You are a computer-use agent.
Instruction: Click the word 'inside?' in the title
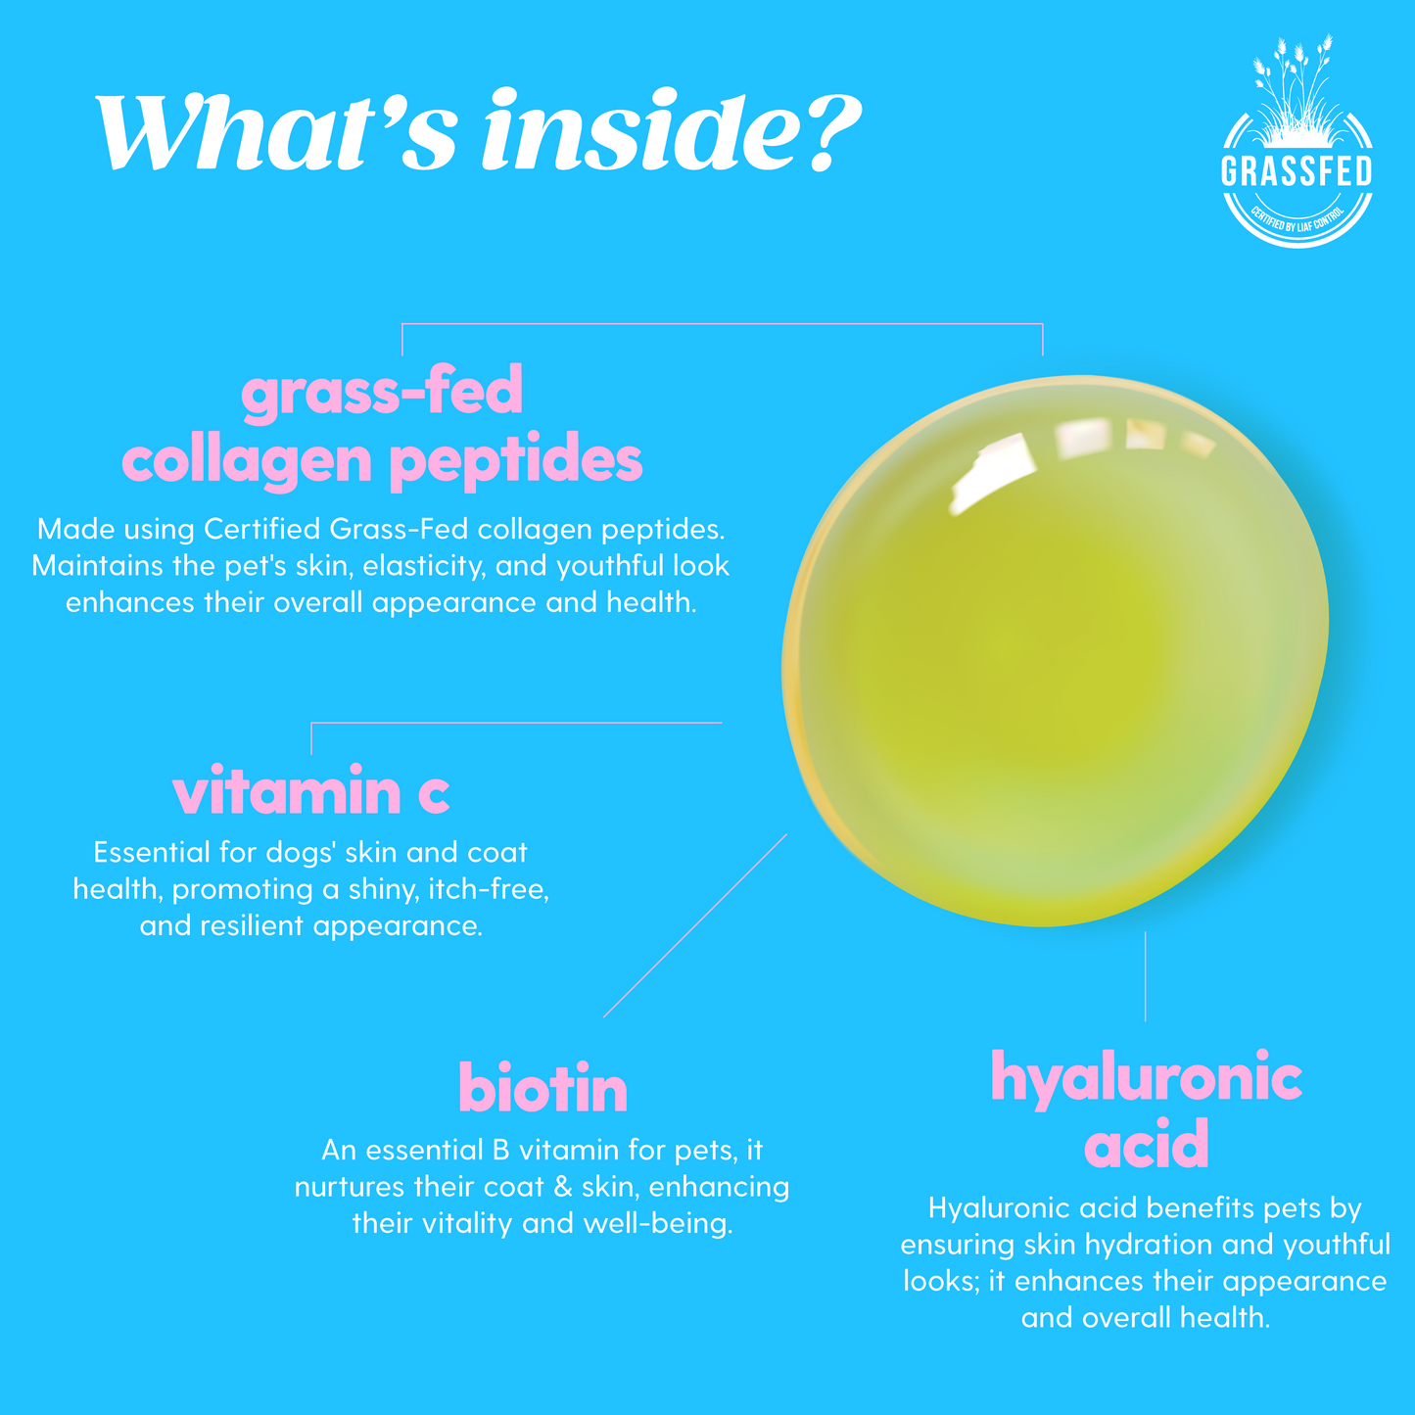pos(671,129)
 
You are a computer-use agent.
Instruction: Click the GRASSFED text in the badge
pos(1297,171)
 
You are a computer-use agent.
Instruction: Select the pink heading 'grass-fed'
pos(382,391)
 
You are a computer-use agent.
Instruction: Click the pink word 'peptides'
pos(515,461)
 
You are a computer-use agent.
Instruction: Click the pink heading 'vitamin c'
pos(310,791)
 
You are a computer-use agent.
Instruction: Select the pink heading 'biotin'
pos(543,1087)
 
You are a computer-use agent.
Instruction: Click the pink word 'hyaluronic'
pos(1147,1079)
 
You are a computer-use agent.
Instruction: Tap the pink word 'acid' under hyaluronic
pos(1147,1144)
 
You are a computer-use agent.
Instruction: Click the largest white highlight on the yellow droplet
pos(993,473)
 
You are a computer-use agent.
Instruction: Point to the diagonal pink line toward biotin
pos(694,925)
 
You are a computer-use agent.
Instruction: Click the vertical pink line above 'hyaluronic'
pos(1145,976)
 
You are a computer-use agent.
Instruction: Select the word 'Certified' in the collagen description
pos(262,529)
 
